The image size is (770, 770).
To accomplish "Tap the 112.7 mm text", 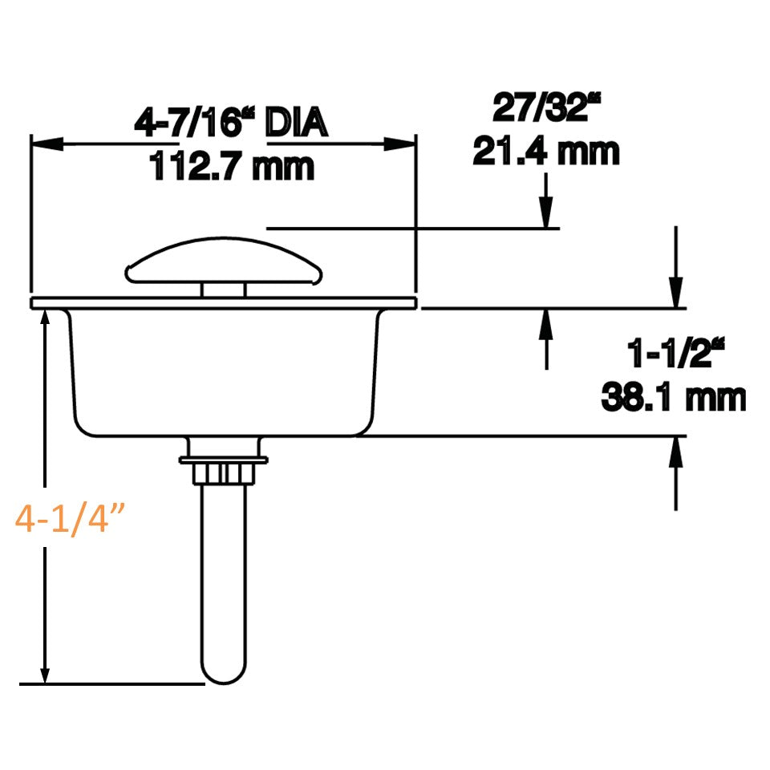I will coord(231,167).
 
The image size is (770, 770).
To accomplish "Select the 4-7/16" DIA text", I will coord(231,124).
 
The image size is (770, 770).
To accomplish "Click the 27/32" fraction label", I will coord(545,108).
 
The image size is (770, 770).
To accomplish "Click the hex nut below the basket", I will coord(224,471).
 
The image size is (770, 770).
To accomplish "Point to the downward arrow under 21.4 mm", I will coord(546,212).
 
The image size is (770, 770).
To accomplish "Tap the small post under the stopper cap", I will coord(224,290).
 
